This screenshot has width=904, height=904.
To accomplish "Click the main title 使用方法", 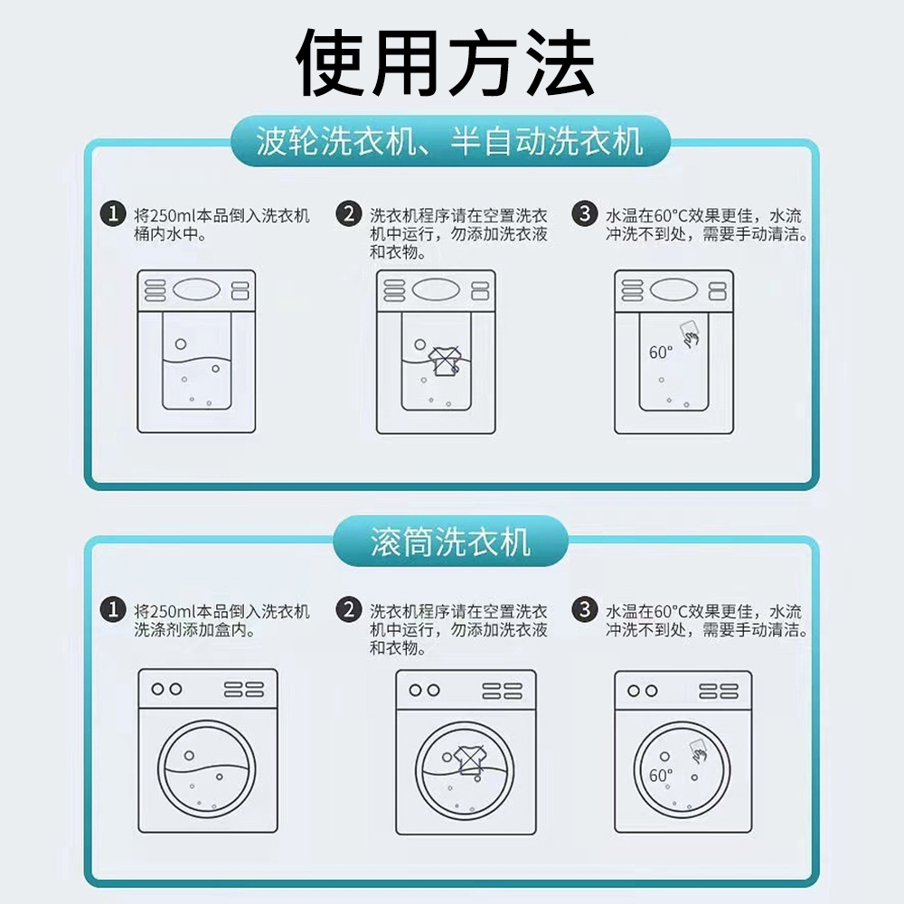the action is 445,62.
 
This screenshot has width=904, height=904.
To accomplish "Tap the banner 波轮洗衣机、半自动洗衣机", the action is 450,141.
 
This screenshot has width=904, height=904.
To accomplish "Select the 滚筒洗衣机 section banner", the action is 450,541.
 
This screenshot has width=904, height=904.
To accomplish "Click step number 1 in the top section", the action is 113,214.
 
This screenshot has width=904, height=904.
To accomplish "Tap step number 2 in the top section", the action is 349,214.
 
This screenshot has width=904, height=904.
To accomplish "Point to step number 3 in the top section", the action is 585,214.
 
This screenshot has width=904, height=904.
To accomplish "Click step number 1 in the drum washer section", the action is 113,609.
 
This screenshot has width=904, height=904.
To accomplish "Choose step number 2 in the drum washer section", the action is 349,609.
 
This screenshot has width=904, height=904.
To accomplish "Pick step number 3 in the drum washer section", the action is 585,609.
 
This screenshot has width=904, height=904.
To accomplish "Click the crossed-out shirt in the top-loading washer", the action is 445,362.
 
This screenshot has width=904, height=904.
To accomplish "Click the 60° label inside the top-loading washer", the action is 661,353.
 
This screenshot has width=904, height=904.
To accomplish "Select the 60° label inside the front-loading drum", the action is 661,776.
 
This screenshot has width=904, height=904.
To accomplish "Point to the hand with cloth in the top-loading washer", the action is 690,334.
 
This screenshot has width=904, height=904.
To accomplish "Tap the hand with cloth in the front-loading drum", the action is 698,750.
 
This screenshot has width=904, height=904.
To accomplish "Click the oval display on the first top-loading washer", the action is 196,289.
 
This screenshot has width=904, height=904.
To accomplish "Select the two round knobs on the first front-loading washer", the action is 166,689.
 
